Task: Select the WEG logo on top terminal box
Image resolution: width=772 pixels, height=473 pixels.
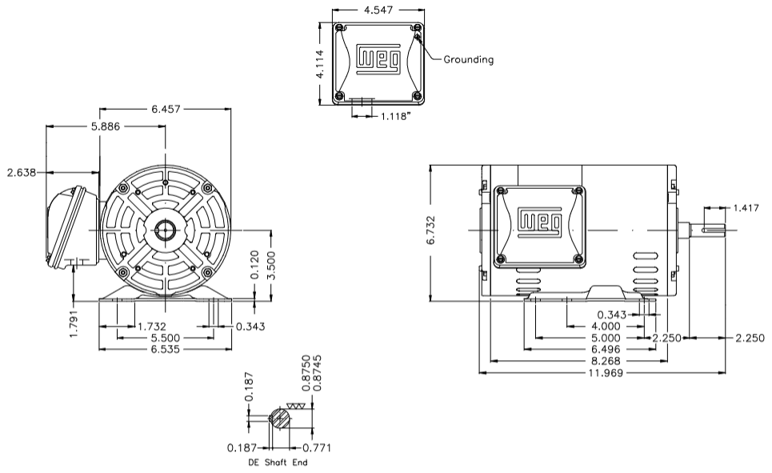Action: (377, 59)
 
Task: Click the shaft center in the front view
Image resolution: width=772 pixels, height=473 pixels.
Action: (165, 230)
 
